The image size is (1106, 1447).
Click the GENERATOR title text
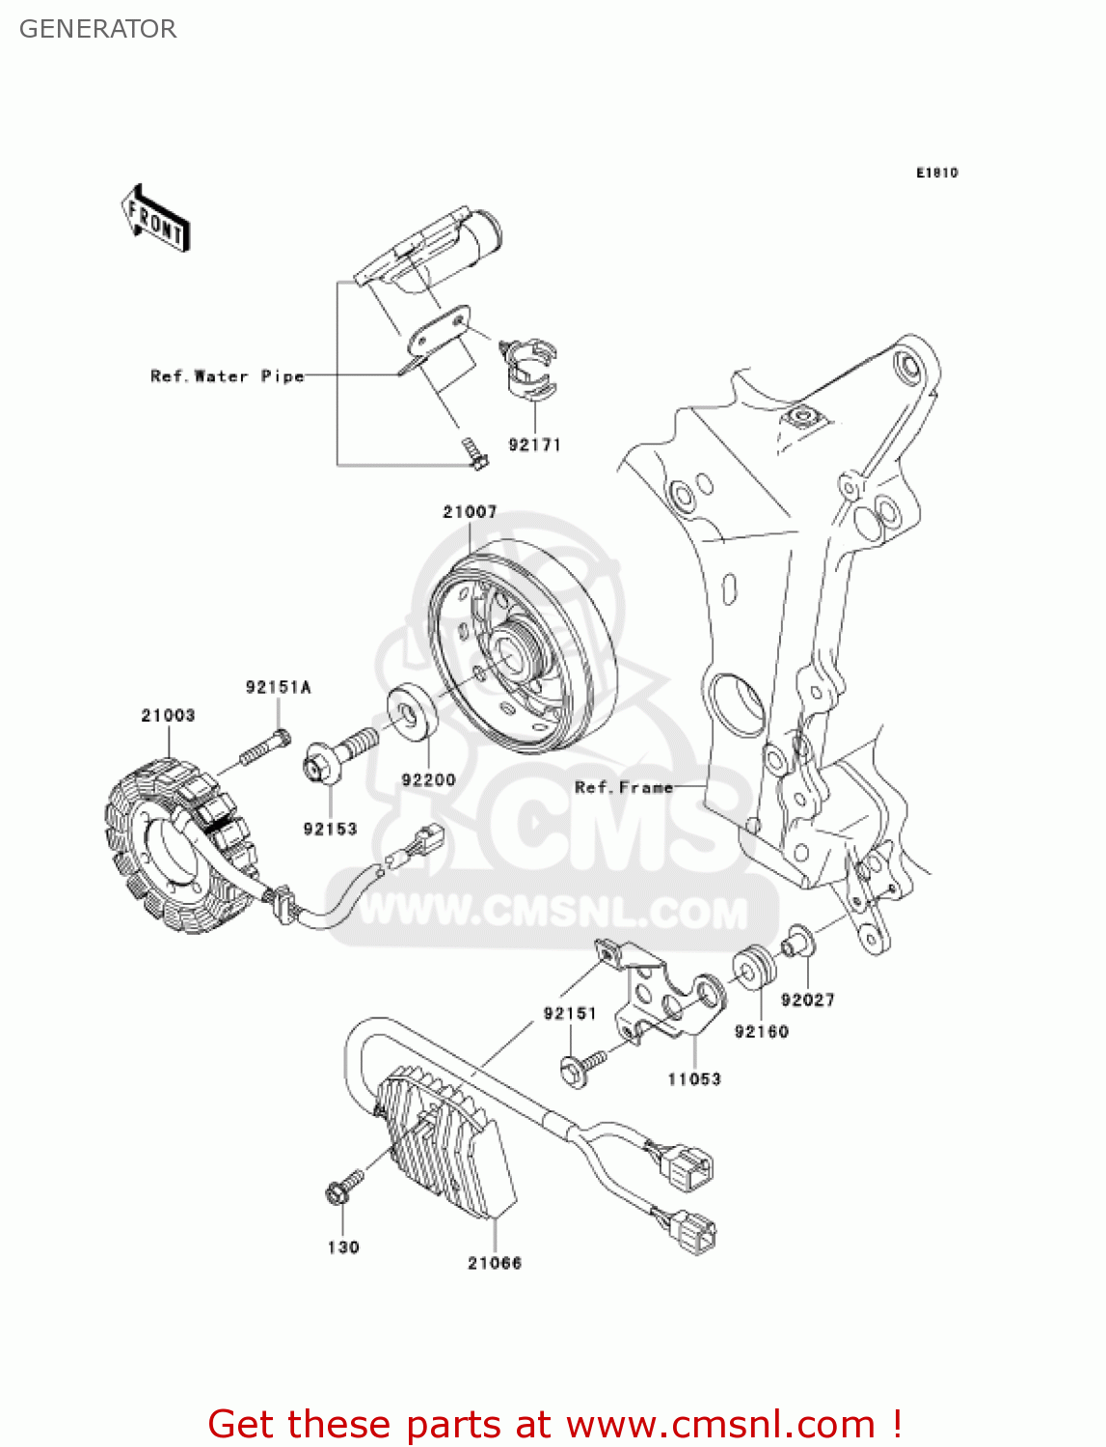click(x=97, y=29)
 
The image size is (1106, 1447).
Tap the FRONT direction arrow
click(x=155, y=219)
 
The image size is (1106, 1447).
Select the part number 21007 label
click(x=470, y=512)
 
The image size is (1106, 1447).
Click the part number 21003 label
click(x=168, y=716)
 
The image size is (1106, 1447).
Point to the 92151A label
click(x=278, y=688)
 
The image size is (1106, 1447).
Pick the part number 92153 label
click(x=330, y=830)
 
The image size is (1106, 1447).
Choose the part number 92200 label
click(x=428, y=780)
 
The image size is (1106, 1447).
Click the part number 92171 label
click(x=534, y=446)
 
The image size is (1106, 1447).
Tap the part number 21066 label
click(x=495, y=1264)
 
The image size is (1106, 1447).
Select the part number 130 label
click(x=343, y=1247)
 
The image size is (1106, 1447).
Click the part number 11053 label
click(x=694, y=1079)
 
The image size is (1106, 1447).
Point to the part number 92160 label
click(x=761, y=1032)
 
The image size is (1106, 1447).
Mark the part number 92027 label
click(x=807, y=1000)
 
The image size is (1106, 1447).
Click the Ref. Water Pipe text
click(x=227, y=376)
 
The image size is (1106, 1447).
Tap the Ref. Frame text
click(x=623, y=788)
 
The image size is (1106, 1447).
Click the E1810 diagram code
click(x=936, y=173)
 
